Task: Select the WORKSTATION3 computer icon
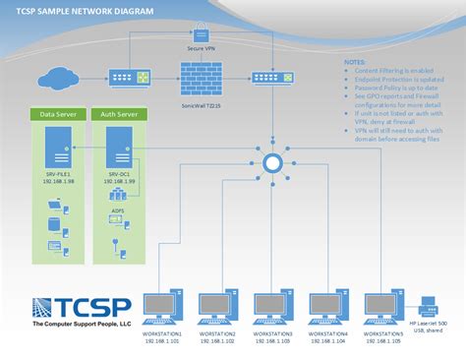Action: pyautogui.click(x=272, y=307)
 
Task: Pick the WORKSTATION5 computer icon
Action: pyautogui.click(x=382, y=307)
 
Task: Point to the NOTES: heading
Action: pyautogui.click(x=353, y=61)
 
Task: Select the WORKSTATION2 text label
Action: pyautogui.click(x=216, y=335)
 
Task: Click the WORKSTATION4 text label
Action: pyautogui.click(x=327, y=335)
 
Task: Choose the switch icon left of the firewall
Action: pyautogui.click(x=132, y=76)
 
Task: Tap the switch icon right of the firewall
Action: pyautogui.click(x=267, y=76)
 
